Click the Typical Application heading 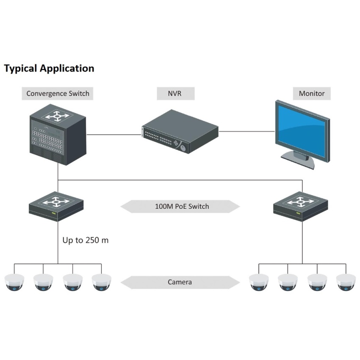click(49, 68)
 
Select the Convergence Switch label click(58, 93)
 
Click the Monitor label click(312, 93)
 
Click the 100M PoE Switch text click(182, 207)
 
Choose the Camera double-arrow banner click(180, 282)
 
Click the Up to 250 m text click(86, 240)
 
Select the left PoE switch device click(56, 205)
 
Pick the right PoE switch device click(301, 205)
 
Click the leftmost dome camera click(14, 282)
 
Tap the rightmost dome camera click(346, 282)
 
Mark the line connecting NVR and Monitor click(246, 131)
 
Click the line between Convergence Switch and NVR click(114, 135)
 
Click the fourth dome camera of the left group click(101, 282)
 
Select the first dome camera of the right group click(259, 282)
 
